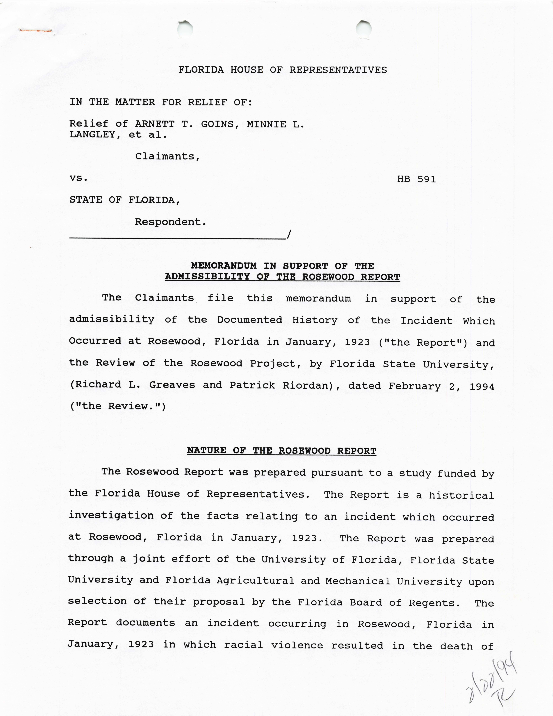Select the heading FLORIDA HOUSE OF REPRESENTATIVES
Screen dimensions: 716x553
point(283,70)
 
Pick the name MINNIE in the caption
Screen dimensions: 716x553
point(266,124)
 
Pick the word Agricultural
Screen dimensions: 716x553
point(255,581)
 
